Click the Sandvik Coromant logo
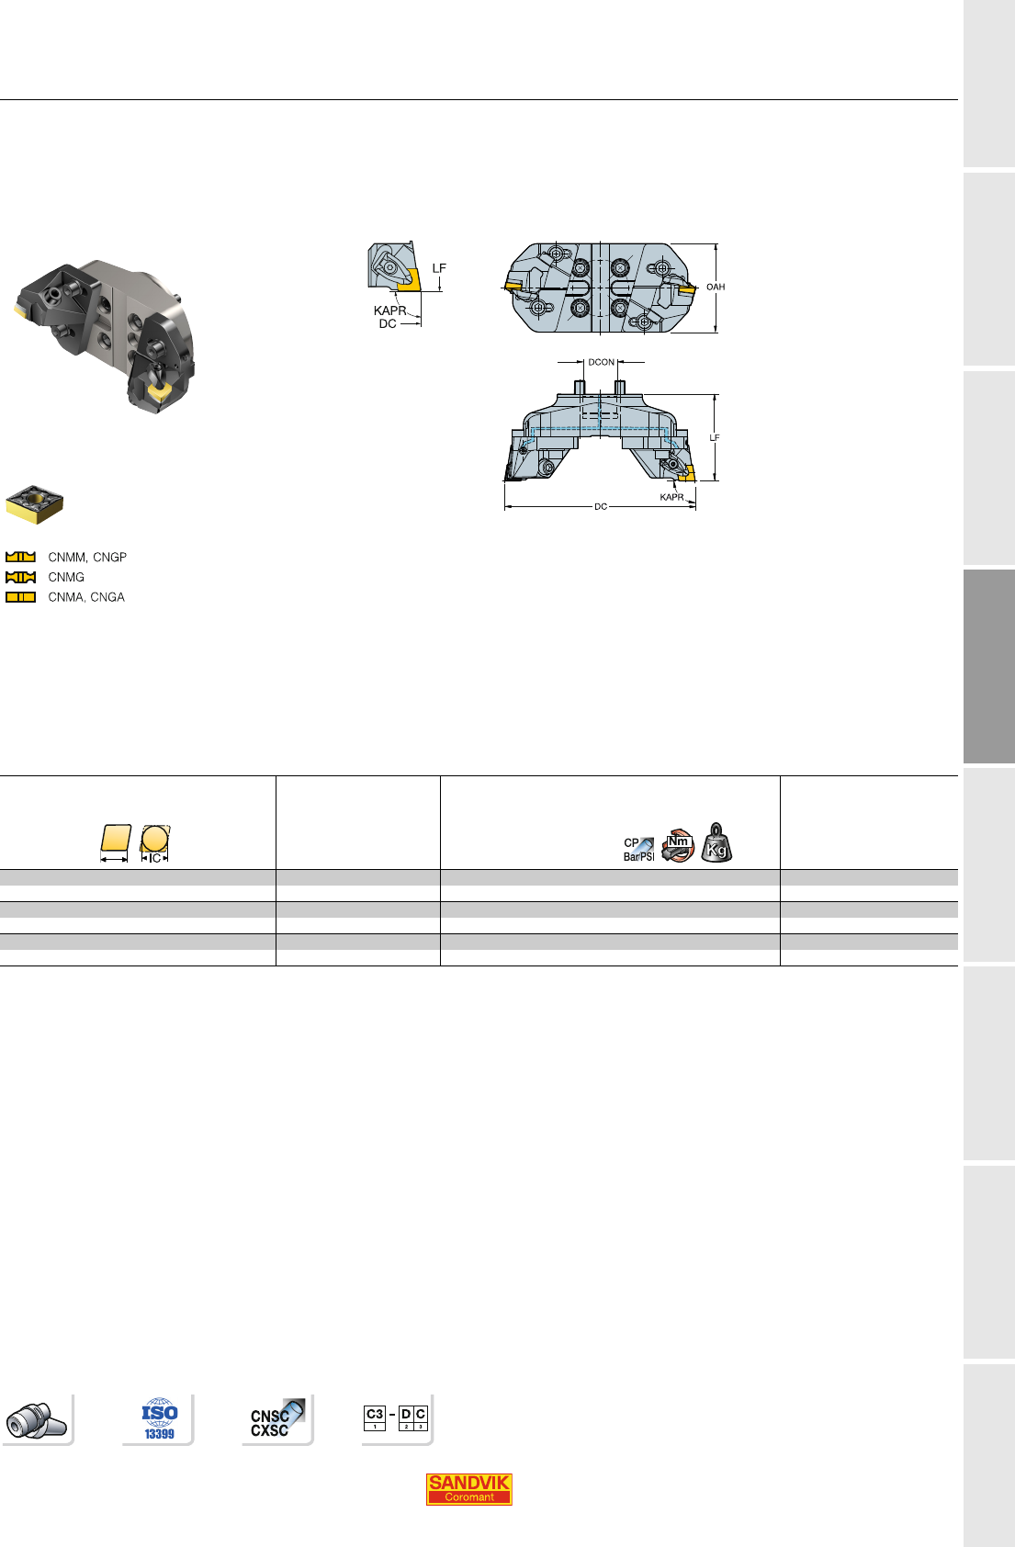coord(468,1489)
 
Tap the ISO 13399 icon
coord(160,1418)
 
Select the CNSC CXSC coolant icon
coord(276,1419)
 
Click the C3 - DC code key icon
coord(396,1418)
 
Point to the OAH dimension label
coord(716,287)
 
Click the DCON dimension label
coord(601,362)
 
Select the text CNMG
coord(66,577)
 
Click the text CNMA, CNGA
coord(86,597)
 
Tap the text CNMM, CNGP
coord(87,558)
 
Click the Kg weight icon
coord(716,843)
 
